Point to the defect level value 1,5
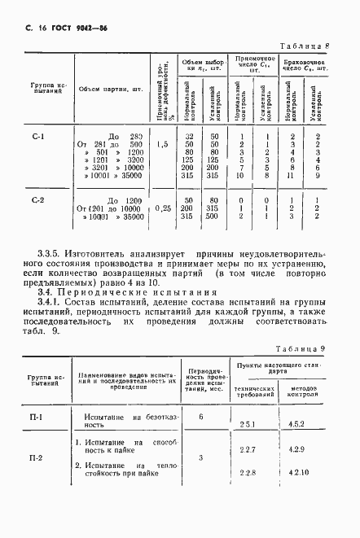161,144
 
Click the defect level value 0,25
161,208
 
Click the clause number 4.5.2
298,424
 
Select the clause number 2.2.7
248,450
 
